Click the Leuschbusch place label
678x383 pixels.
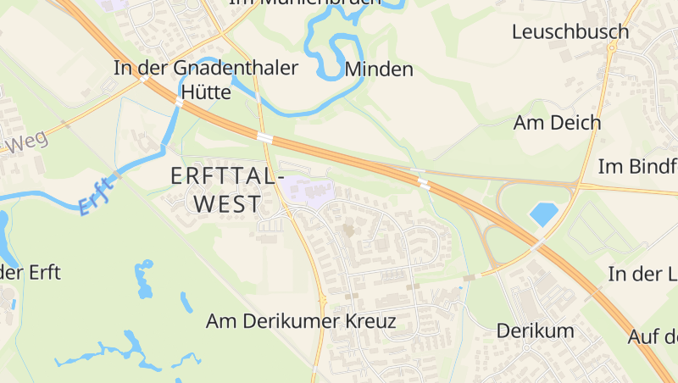tap(570, 32)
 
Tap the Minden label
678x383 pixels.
tap(379, 69)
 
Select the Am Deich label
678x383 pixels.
tap(557, 122)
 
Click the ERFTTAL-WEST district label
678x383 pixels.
tap(225, 190)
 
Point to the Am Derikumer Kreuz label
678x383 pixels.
tap(301, 321)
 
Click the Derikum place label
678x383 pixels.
tap(535, 330)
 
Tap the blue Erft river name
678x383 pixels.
tap(96, 195)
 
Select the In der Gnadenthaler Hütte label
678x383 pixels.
tap(206, 80)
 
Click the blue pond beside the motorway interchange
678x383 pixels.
tap(542, 214)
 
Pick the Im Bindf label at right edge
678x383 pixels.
tap(637, 166)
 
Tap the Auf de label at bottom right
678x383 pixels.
tap(652, 336)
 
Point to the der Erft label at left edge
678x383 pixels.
tap(31, 273)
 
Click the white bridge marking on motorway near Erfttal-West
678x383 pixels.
tap(265, 136)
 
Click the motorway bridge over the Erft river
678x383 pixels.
tap(179, 102)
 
